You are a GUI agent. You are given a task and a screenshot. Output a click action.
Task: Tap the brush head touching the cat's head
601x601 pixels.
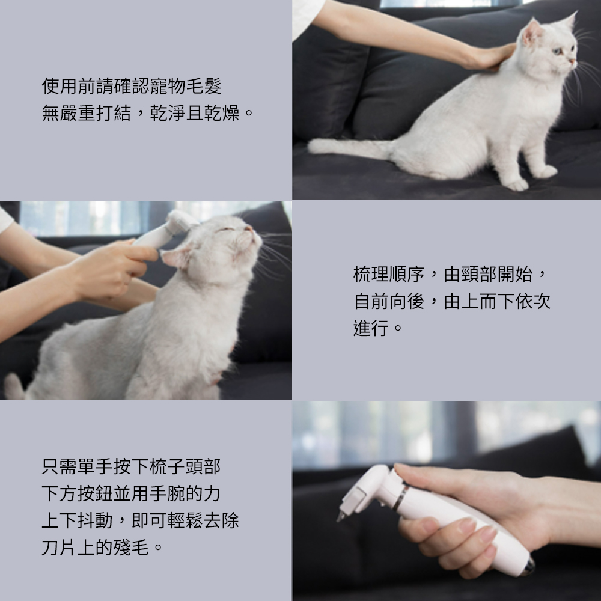click(x=180, y=222)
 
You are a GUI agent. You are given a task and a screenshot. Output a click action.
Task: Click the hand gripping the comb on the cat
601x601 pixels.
click(x=111, y=268)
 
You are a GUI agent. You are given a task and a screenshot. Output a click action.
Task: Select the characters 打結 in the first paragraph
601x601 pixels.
click(x=114, y=113)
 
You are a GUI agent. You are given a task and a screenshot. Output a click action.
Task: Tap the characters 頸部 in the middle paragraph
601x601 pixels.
click(x=479, y=275)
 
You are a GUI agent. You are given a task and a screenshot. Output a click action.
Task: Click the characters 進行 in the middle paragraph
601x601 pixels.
click(x=371, y=329)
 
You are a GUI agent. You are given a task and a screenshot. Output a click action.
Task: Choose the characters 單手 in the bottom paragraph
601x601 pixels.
click(x=96, y=466)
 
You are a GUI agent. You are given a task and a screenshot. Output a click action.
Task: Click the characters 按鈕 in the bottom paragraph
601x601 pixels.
click(x=96, y=493)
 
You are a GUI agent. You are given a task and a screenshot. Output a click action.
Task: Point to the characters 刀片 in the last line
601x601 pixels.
click(x=59, y=548)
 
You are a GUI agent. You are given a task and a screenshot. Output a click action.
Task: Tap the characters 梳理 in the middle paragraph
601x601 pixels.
click(x=371, y=275)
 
